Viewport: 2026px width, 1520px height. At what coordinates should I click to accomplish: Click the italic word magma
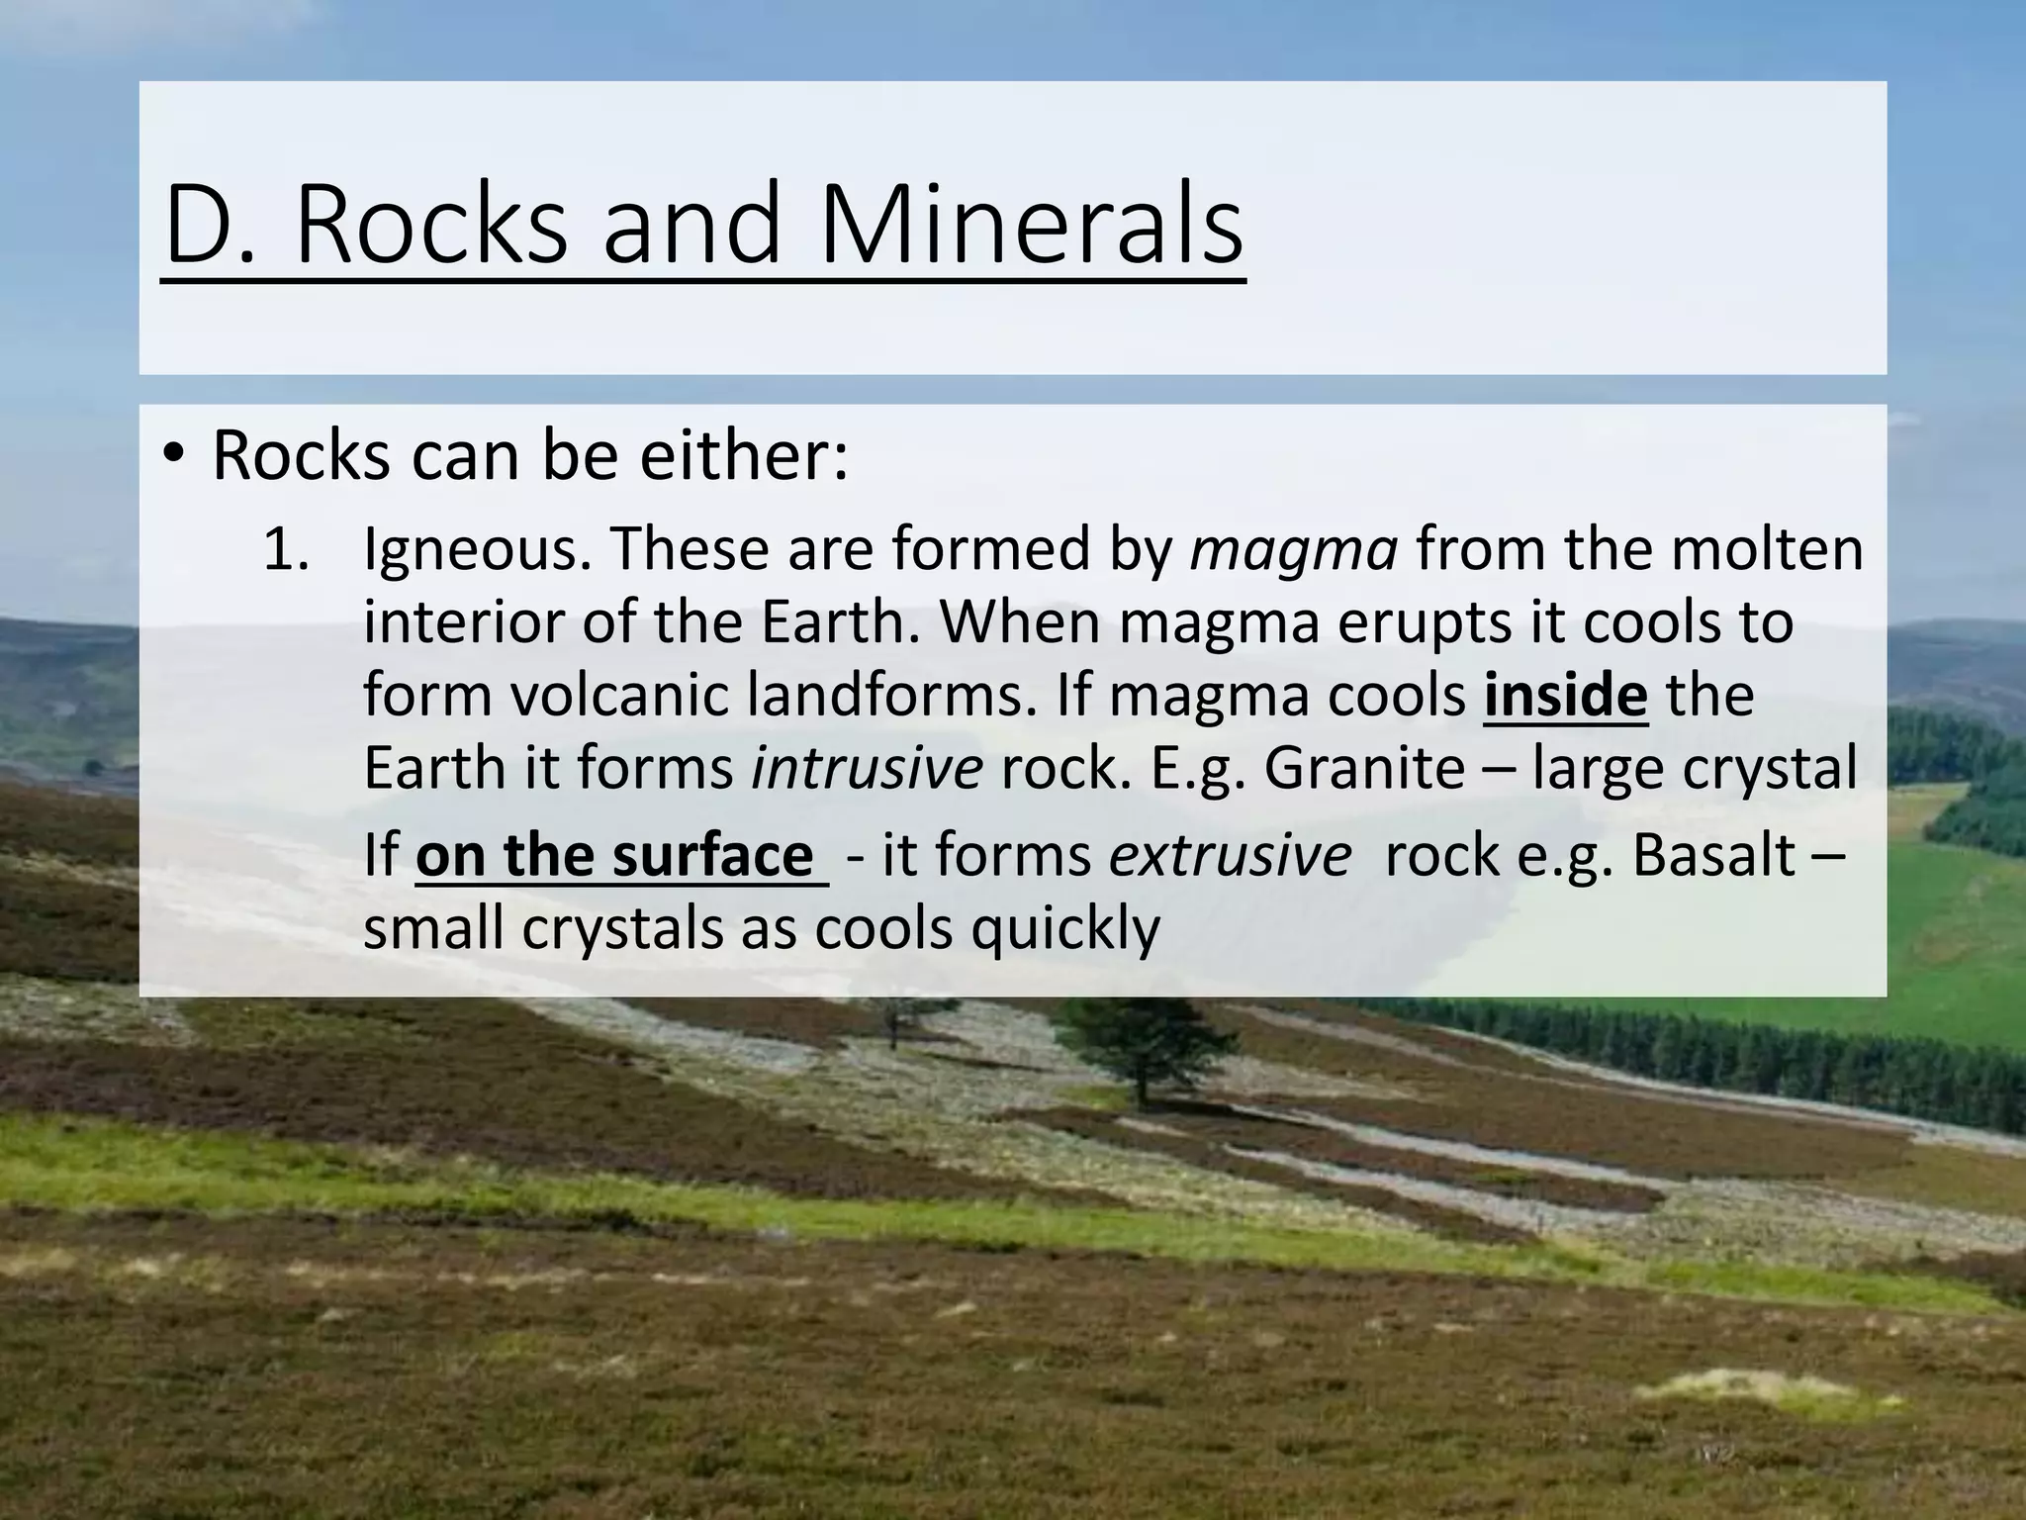(x=1294, y=550)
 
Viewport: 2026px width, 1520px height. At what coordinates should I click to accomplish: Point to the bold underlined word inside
(x=1566, y=695)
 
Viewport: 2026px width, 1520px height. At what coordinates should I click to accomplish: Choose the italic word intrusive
(x=867, y=768)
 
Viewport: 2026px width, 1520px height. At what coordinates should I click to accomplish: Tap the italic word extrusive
(x=1230, y=855)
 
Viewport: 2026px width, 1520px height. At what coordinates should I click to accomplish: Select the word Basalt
(x=1712, y=855)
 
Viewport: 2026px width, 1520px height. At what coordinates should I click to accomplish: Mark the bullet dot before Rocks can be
(x=174, y=457)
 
